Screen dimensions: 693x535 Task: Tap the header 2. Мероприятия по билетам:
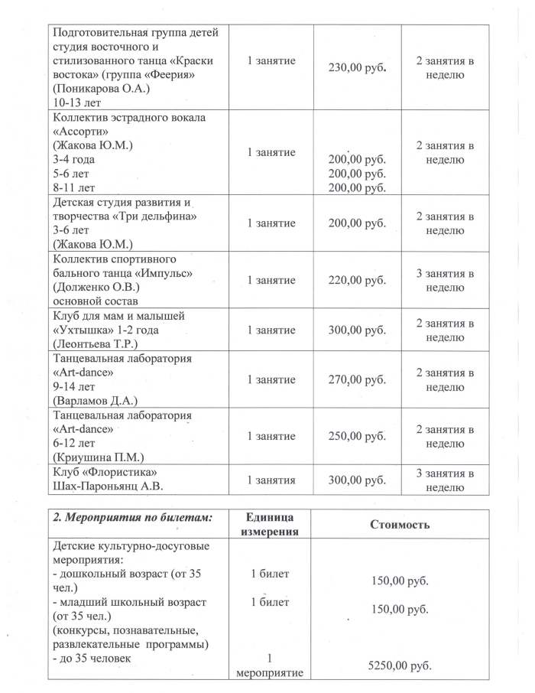pos(131,517)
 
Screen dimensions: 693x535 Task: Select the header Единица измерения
pos(273,524)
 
